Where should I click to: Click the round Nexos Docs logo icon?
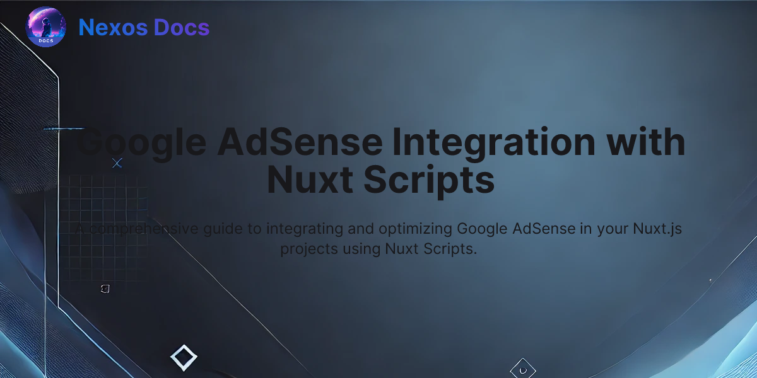tap(45, 27)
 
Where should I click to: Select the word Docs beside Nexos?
tap(183, 28)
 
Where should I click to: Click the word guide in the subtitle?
tap(227, 229)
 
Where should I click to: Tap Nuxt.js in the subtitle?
tap(657, 229)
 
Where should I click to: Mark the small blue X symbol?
tap(117, 163)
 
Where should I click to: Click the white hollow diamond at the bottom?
tap(184, 358)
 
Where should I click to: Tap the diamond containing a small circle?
tap(522, 369)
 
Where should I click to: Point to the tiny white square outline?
tap(105, 289)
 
